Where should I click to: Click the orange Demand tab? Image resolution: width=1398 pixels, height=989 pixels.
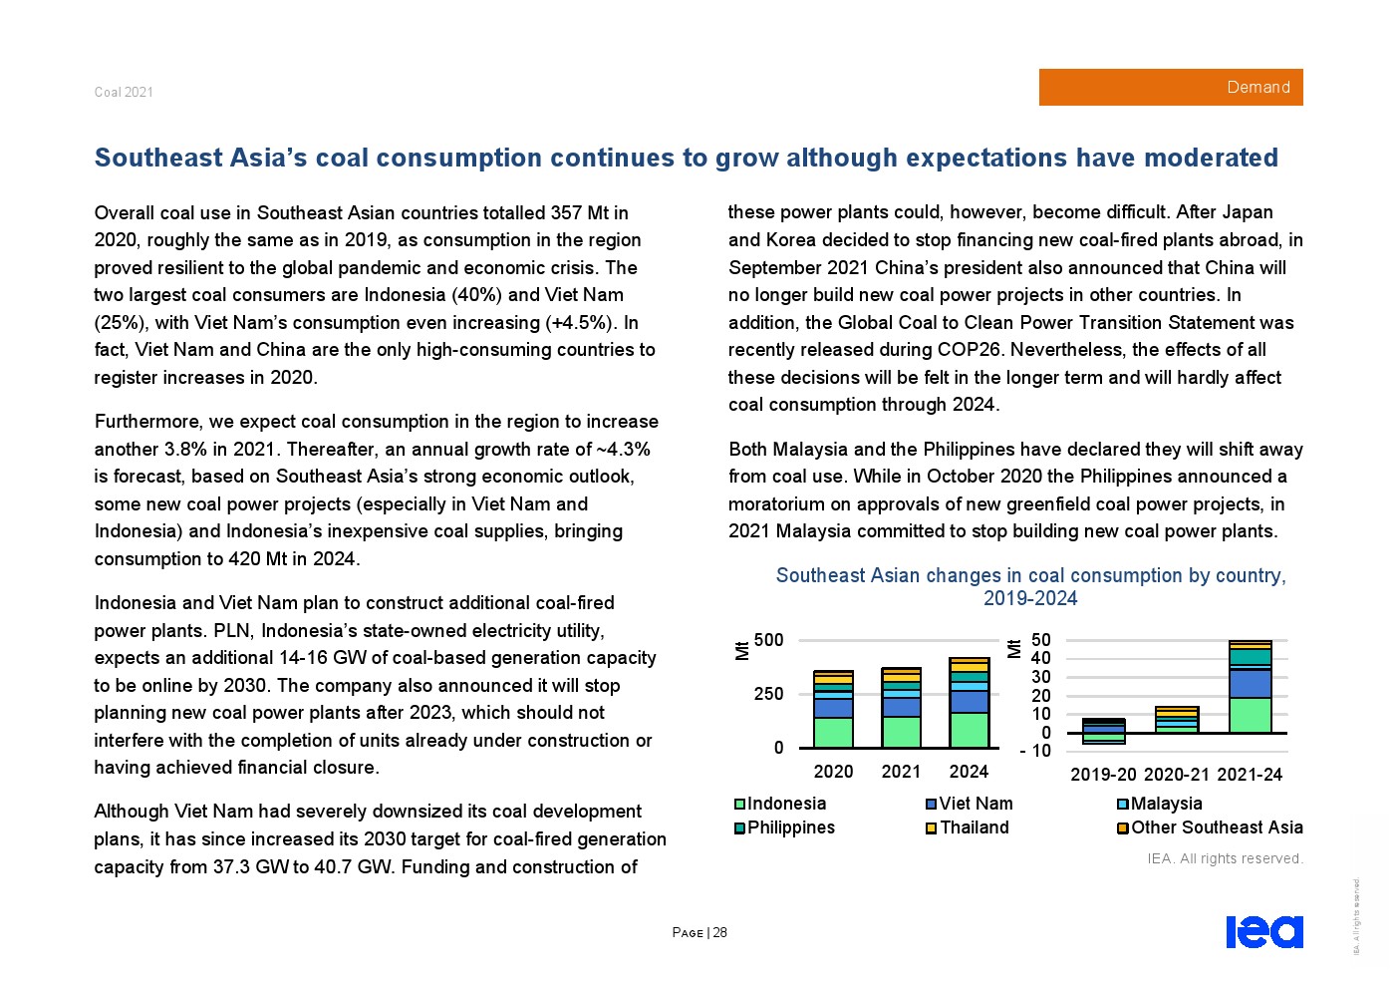click(1170, 88)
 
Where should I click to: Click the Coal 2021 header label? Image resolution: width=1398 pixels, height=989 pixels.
click(124, 92)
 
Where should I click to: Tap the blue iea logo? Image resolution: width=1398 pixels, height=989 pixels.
click(1263, 931)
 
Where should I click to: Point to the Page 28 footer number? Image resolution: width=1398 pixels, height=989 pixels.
click(699, 932)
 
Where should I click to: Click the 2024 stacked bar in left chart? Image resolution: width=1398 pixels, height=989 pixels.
click(969, 703)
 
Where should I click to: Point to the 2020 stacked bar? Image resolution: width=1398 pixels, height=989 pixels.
click(833, 710)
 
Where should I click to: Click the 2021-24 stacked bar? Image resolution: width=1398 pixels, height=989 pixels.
click(1250, 687)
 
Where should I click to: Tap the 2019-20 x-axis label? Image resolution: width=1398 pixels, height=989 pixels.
click(1103, 775)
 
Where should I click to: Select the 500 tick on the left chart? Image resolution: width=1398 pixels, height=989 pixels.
click(769, 640)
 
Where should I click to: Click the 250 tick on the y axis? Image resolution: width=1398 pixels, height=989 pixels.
click(769, 694)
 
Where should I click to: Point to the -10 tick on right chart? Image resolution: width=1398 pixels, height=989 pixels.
click(1035, 751)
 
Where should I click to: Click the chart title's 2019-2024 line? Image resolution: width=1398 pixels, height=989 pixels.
click(1030, 598)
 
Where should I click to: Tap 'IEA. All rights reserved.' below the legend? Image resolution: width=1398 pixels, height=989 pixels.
click(1225, 858)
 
